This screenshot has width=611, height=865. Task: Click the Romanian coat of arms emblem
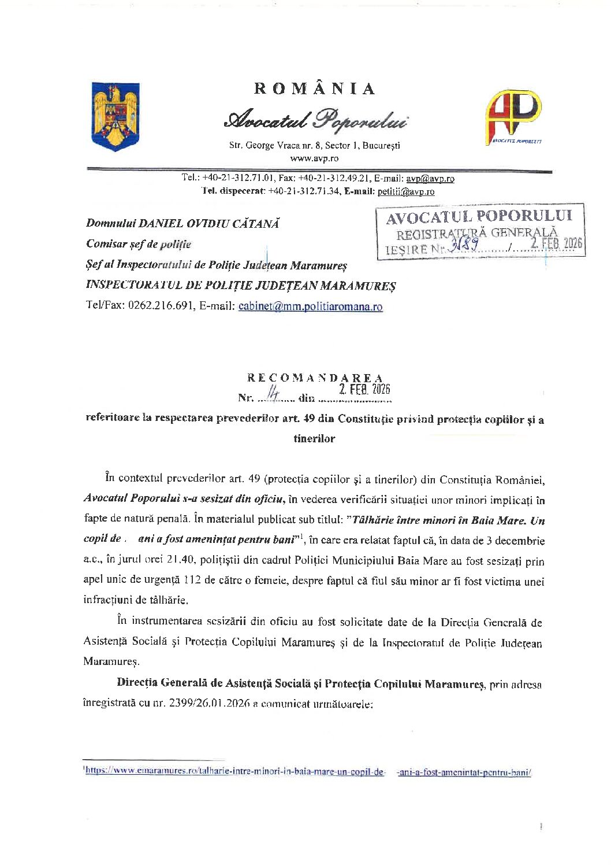[x=116, y=116]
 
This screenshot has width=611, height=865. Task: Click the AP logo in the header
[x=513, y=116]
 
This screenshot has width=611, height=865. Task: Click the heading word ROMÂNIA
[x=315, y=89]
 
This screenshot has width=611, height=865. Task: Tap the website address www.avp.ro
[x=314, y=158]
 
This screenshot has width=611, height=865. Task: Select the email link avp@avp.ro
[x=430, y=179]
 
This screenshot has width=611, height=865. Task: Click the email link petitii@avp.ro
[x=406, y=191]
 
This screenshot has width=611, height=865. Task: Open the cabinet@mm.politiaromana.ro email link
[x=310, y=306]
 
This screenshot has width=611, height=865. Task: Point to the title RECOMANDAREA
[x=315, y=378]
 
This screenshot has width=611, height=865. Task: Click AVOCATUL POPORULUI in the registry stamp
[x=479, y=217]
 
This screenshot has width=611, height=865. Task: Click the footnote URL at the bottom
[x=308, y=771]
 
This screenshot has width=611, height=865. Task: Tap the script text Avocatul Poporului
[x=315, y=120]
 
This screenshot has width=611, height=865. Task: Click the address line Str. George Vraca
[x=314, y=145]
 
